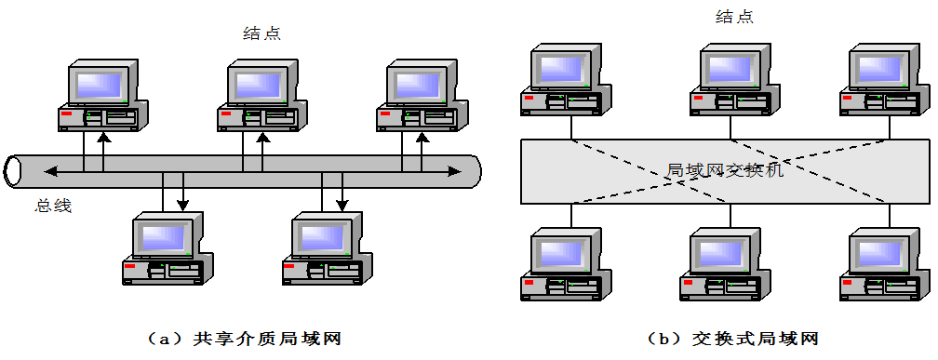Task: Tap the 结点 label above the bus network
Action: (261, 33)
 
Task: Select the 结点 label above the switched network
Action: (734, 17)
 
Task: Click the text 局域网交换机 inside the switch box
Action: (725, 170)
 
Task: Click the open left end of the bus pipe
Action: (13, 170)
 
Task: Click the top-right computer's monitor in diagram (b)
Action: (880, 67)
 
